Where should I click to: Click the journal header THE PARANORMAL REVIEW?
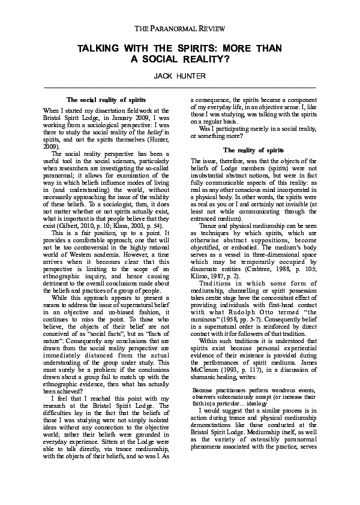180,28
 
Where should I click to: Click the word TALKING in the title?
100,48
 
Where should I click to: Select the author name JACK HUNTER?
180,77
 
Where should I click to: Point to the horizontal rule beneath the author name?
180,88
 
